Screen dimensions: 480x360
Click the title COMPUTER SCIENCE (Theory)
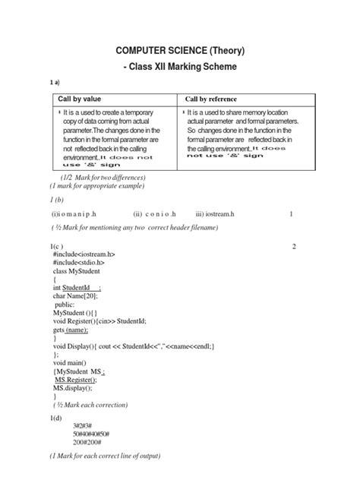point(180,50)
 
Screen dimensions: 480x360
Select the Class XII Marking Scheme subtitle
point(180,68)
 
